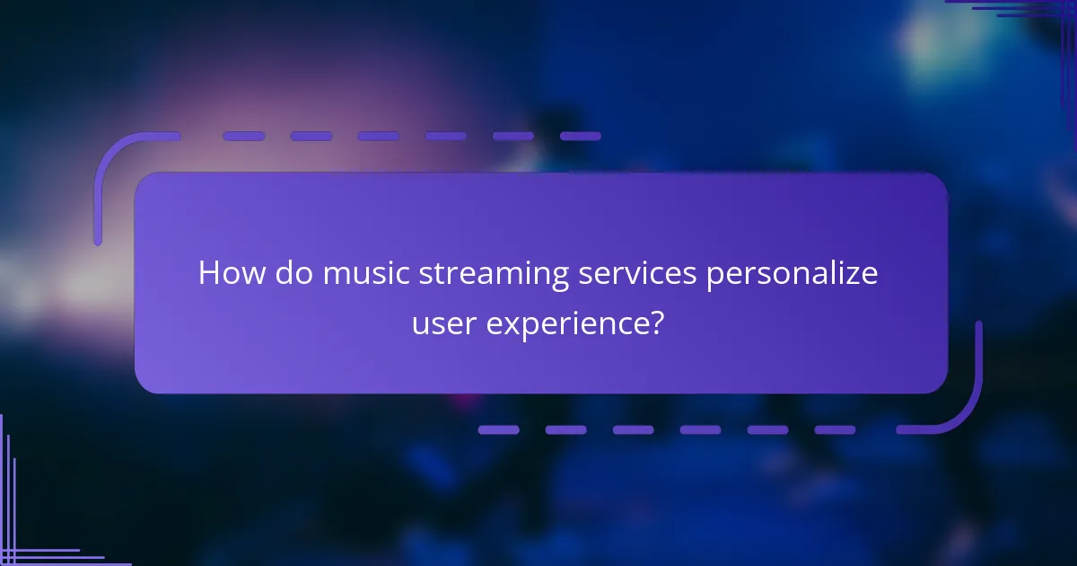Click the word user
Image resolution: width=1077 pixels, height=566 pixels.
point(444,323)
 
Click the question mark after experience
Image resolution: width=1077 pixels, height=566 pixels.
point(657,323)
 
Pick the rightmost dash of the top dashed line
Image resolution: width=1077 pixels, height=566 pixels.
point(581,137)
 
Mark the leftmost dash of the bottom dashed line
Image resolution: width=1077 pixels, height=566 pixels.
point(498,429)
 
